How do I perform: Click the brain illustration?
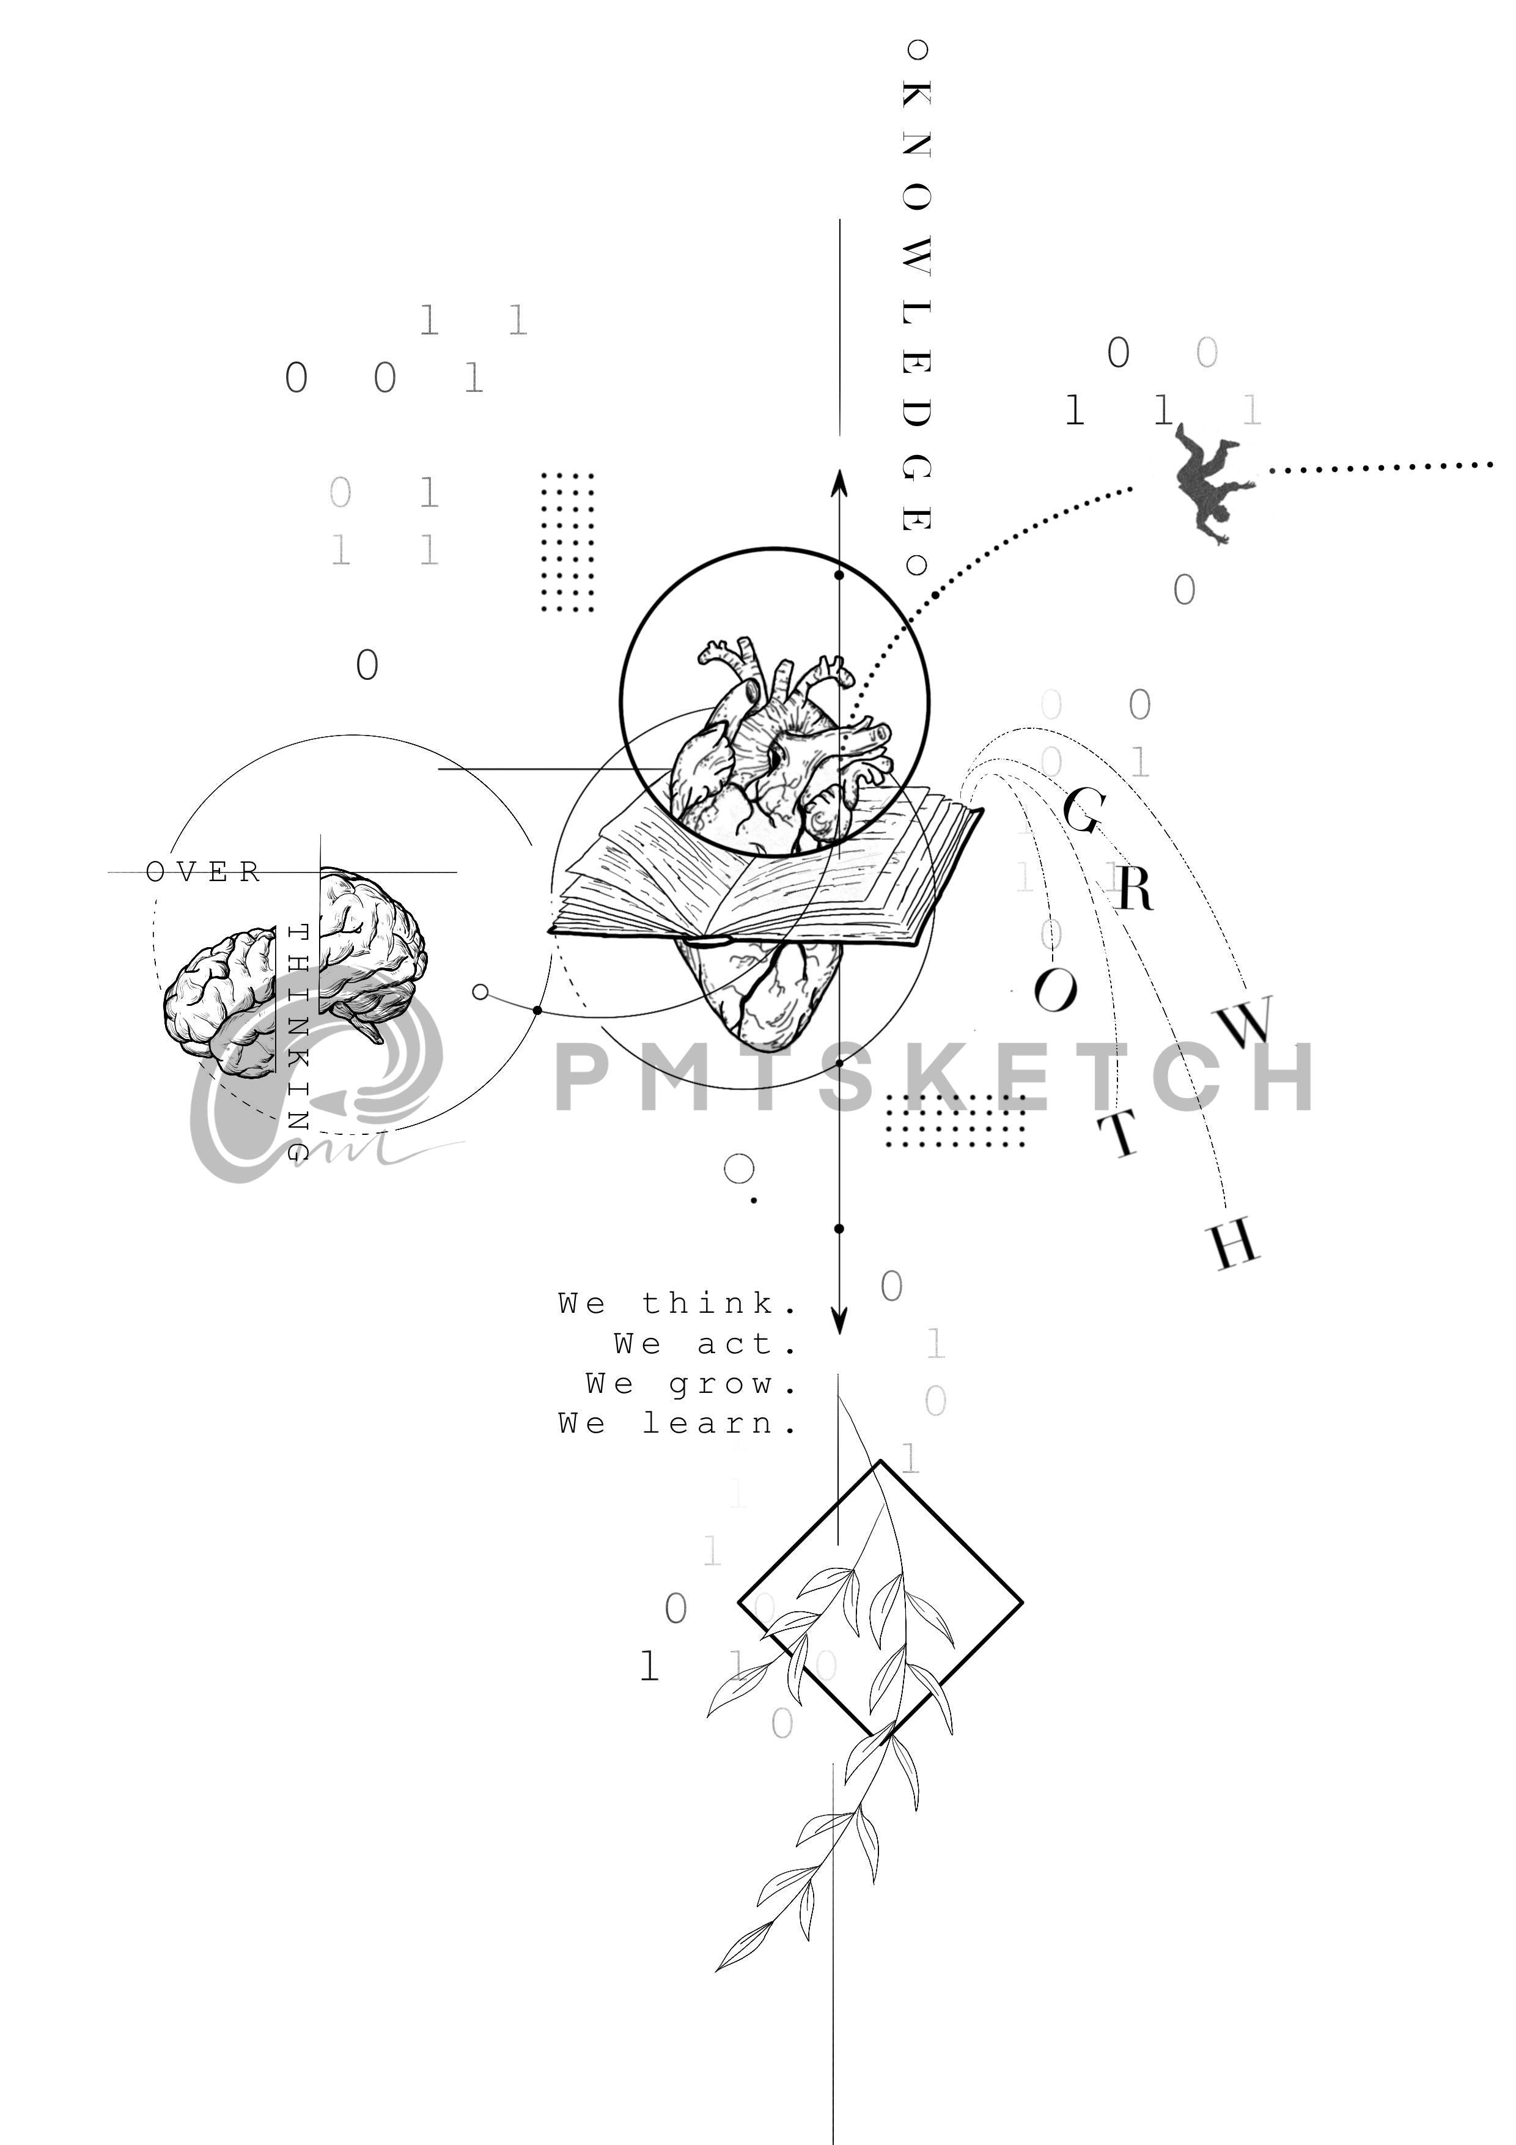click(294, 972)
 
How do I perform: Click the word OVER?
click(203, 873)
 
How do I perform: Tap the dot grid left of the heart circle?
click(568, 543)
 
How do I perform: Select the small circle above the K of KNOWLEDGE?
click(918, 48)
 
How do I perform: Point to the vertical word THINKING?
click(297, 1042)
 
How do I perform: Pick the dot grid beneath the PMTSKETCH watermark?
click(955, 1120)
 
